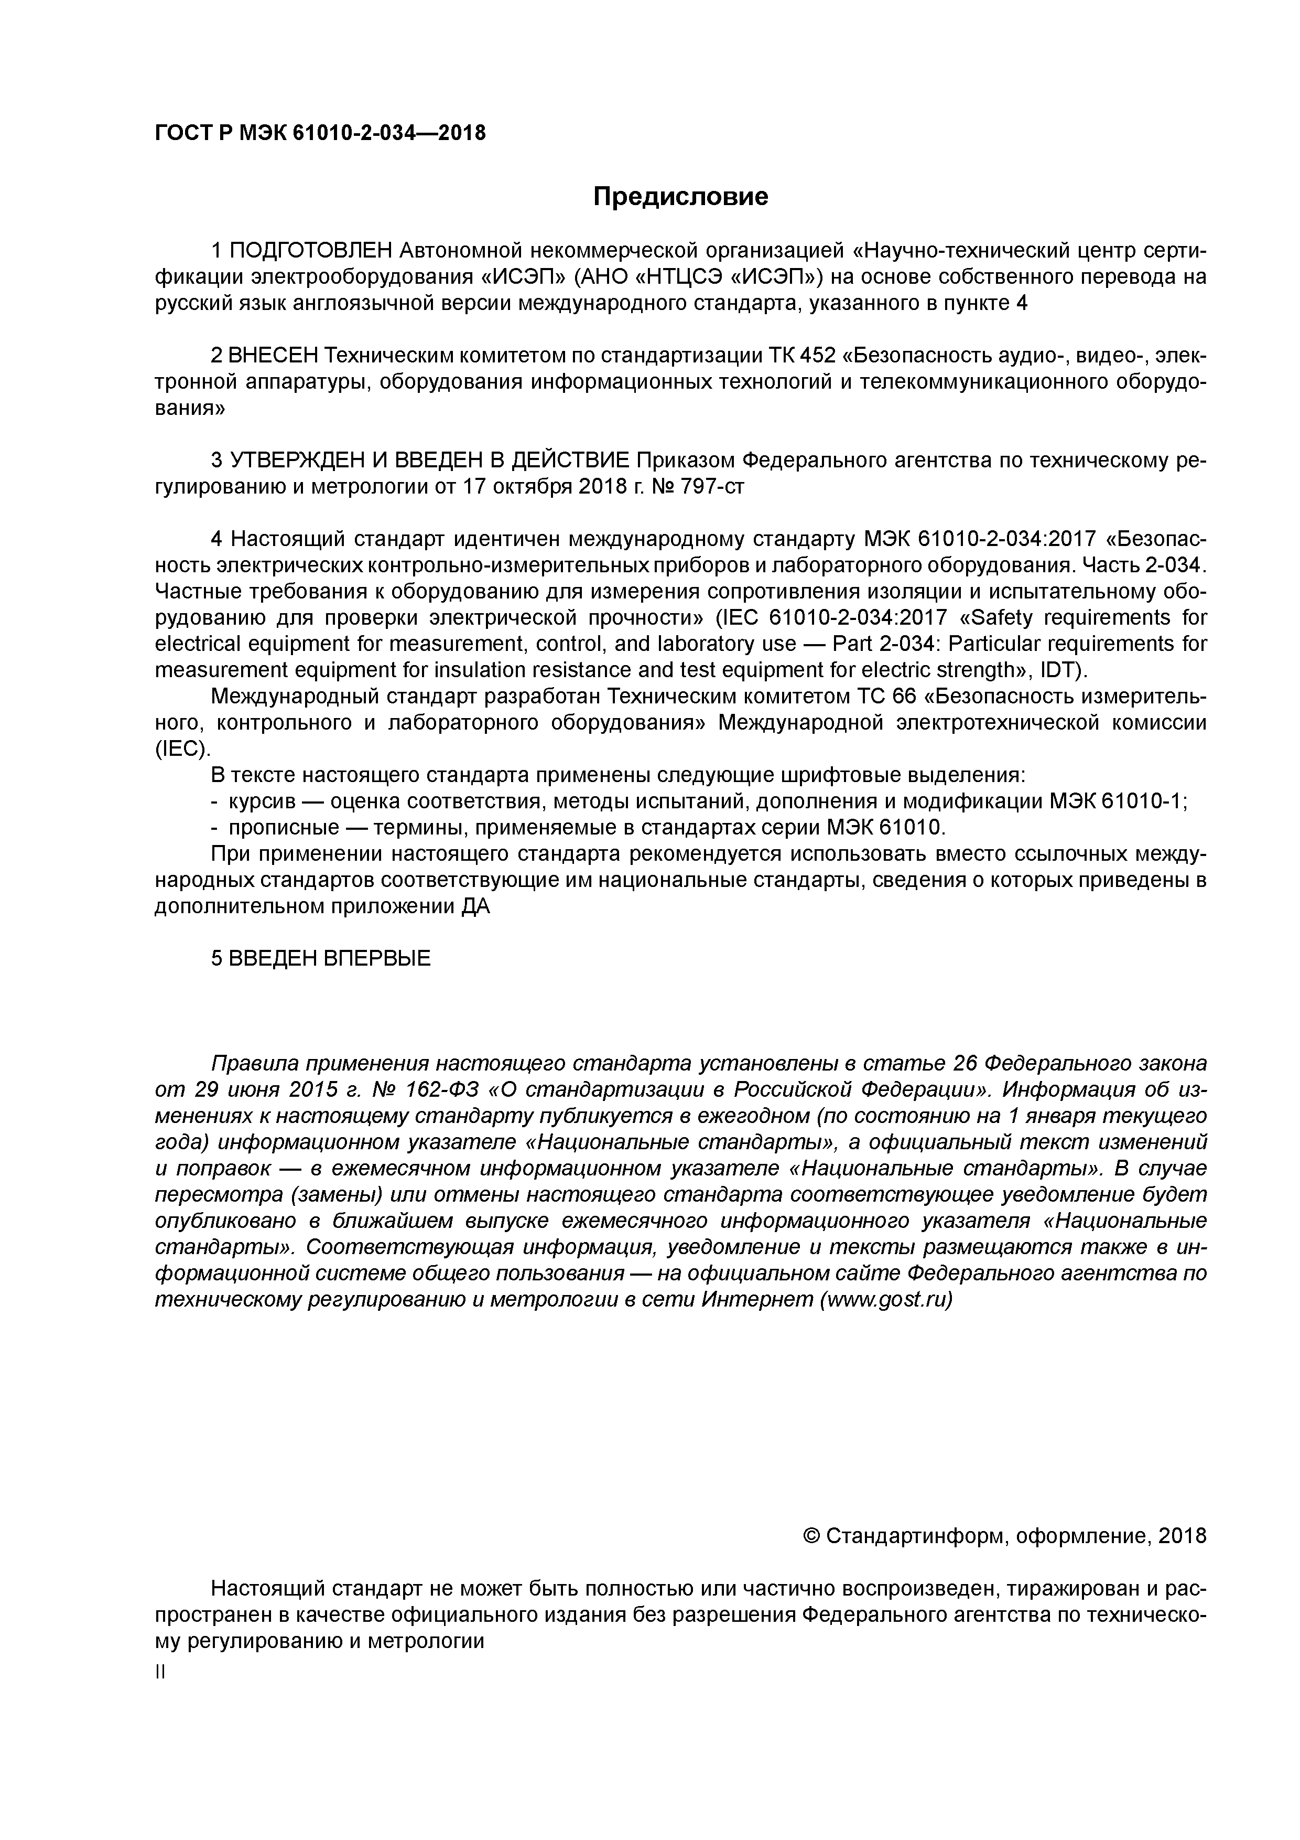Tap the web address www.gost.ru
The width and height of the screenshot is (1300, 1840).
887,1300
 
